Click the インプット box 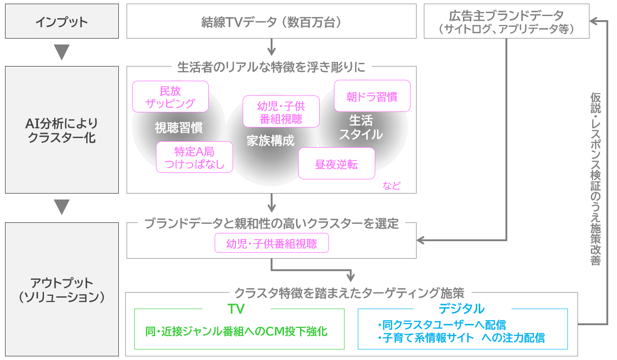click(x=61, y=22)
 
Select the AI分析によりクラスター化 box click(x=61, y=130)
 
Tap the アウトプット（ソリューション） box click(x=61, y=289)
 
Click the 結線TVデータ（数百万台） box click(x=271, y=22)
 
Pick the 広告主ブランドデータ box click(x=506, y=22)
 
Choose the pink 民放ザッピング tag click(x=170, y=97)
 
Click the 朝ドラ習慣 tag click(x=372, y=96)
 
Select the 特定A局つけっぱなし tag click(x=194, y=157)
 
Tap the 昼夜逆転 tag click(x=336, y=164)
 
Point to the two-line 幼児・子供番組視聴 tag click(x=281, y=111)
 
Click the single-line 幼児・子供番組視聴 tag click(x=272, y=243)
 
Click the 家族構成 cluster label click(x=270, y=140)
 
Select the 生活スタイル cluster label click(x=361, y=127)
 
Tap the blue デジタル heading click(x=461, y=308)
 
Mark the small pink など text click(x=391, y=186)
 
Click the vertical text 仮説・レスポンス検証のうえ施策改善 click(x=595, y=179)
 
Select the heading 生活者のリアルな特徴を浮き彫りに click(x=271, y=67)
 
